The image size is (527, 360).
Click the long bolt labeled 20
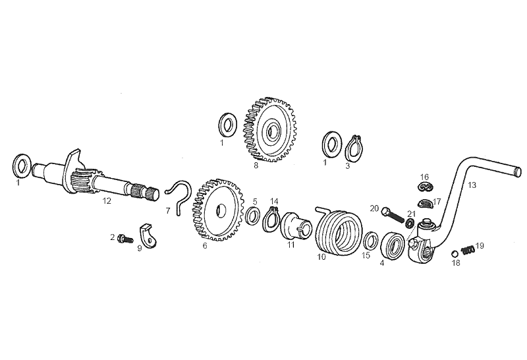coord(393,216)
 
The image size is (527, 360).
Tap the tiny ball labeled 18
coord(454,253)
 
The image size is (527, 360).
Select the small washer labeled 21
coord(410,223)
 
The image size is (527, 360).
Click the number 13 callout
coord(472,185)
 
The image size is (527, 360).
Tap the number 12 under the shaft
coord(107,201)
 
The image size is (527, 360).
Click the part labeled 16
coord(425,186)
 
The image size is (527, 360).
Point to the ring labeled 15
coord(371,242)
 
